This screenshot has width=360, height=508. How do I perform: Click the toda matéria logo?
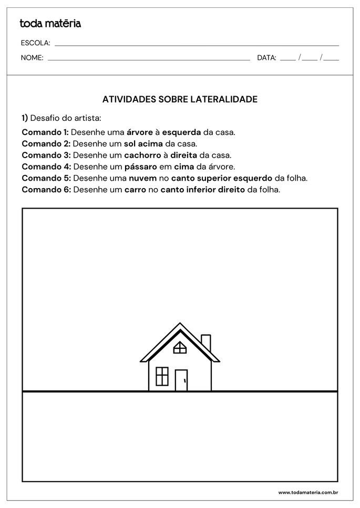click(x=50, y=24)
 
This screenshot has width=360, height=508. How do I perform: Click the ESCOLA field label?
click(x=35, y=43)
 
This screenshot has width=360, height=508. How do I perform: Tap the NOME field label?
click(x=32, y=58)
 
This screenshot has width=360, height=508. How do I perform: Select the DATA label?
click(x=266, y=58)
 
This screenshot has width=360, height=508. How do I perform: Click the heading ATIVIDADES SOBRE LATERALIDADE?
click(x=179, y=99)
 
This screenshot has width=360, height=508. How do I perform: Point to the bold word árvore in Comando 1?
click(x=140, y=132)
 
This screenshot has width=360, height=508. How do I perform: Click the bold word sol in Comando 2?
click(x=130, y=143)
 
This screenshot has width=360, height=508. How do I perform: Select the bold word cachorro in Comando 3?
click(x=142, y=155)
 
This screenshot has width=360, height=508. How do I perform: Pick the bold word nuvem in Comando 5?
click(x=142, y=178)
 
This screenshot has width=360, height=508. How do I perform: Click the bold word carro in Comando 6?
click(x=135, y=190)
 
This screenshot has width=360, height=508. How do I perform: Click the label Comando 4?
click(x=46, y=167)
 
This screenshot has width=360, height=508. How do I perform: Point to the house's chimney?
click(x=206, y=343)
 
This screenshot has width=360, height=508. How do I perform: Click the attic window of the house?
click(x=180, y=347)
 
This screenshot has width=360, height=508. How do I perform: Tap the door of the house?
click(x=181, y=380)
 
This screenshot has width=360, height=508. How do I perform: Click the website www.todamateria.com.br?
click(x=307, y=492)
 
